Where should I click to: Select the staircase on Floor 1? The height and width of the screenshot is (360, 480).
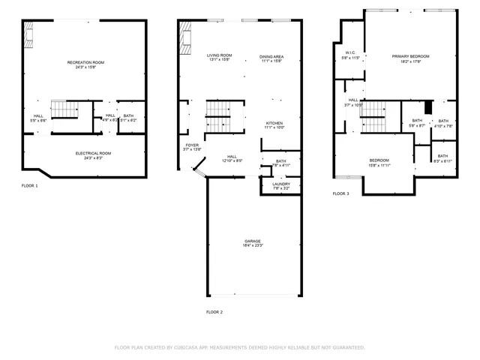tap(64, 109)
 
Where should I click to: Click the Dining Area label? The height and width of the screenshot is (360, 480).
tap(271, 56)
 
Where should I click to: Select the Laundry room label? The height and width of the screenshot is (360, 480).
tap(280, 184)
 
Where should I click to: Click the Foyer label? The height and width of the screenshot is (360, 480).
tap(193, 145)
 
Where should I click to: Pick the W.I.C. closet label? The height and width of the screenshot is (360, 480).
tap(350, 52)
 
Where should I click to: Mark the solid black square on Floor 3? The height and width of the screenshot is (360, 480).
tap(429, 106)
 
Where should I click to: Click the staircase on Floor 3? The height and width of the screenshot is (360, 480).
tap(373, 116)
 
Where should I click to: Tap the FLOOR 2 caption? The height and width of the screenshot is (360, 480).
tap(214, 312)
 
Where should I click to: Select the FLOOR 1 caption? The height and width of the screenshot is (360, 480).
tap(29, 184)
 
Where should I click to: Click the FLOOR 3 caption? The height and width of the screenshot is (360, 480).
tap(340, 193)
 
